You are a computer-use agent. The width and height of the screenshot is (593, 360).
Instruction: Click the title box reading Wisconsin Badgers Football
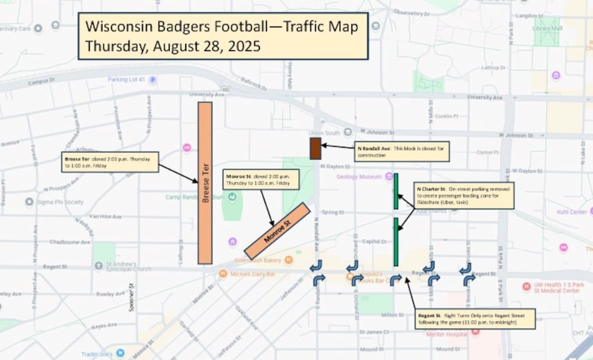[x=223, y=36]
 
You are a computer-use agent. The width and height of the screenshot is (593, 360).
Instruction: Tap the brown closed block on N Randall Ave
[x=315, y=148]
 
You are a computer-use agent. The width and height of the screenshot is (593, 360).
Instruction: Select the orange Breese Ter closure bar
[x=205, y=183]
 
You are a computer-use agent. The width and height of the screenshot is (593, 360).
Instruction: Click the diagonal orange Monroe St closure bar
[x=277, y=231]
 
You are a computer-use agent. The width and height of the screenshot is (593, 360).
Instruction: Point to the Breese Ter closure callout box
[x=110, y=162]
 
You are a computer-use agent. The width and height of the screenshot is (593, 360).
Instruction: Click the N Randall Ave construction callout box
[x=402, y=151]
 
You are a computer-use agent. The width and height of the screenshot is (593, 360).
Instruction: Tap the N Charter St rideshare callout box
[x=464, y=195]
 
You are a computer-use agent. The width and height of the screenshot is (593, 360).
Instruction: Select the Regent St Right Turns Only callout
[x=476, y=319]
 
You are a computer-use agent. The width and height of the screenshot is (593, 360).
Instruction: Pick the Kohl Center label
[x=571, y=212]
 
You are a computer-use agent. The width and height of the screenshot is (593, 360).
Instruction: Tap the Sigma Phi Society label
[x=57, y=201]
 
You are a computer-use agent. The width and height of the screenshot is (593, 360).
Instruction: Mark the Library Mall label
[x=547, y=28]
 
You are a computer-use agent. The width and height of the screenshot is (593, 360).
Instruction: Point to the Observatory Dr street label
[x=411, y=12]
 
